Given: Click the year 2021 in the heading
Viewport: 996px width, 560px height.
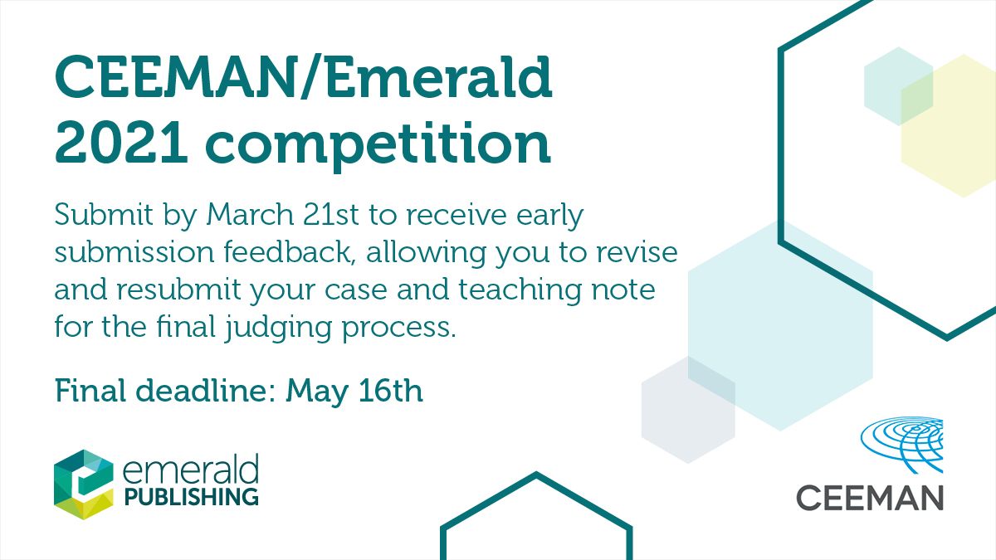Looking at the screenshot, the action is point(121,142).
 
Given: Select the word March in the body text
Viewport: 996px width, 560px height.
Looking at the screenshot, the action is point(250,215).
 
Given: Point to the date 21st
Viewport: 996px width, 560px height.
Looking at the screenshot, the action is point(331,215).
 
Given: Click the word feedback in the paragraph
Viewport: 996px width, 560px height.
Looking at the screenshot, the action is point(289,251).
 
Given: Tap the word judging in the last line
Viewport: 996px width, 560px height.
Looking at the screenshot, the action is point(278,329).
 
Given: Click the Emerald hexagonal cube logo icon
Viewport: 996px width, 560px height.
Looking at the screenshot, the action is point(84,485).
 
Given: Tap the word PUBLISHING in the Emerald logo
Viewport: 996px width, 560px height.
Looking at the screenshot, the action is point(191,496).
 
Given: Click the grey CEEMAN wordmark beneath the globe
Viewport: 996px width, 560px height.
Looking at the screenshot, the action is point(870,499).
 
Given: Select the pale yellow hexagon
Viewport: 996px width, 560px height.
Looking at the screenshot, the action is point(949,126).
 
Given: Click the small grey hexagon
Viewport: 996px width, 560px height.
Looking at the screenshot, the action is point(688,410).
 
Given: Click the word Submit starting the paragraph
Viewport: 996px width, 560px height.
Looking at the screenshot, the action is point(104,215).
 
